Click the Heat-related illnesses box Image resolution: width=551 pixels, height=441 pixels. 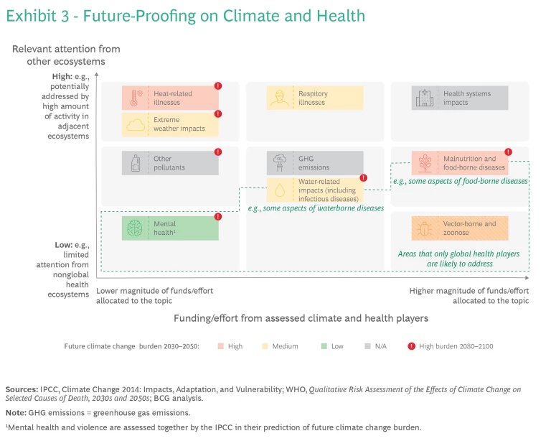click(170, 98)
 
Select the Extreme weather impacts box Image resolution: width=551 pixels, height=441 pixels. click(170, 124)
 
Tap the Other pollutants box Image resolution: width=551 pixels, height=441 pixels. click(170, 163)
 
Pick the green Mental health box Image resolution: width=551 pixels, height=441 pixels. click(170, 228)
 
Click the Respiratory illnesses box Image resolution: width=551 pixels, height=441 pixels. click(315, 98)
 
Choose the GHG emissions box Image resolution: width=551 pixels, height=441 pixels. click(315, 163)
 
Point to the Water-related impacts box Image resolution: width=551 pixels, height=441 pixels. click(315, 190)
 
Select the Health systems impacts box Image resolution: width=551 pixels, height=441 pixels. click(460, 98)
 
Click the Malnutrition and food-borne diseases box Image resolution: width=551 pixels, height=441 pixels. click(460, 163)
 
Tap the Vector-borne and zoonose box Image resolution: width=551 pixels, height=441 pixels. click(460, 228)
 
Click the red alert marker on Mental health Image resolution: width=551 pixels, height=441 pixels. click(218, 216)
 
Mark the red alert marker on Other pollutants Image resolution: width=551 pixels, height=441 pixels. click(218, 152)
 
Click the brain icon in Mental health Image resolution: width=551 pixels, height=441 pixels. click(135, 228)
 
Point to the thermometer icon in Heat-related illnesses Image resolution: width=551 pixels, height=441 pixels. click(135, 98)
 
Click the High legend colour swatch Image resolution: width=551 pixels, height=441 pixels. click(220, 346)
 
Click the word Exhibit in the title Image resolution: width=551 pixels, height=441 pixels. click(29, 16)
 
